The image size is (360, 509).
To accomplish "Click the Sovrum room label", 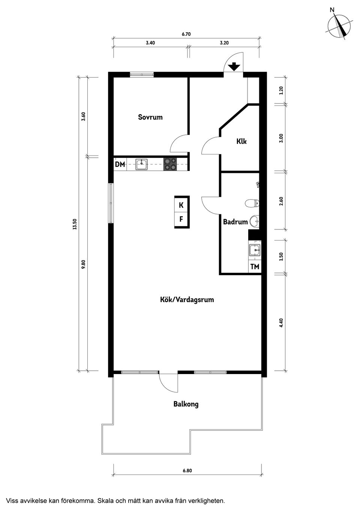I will (150, 117).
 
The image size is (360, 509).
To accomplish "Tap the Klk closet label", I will (241, 141).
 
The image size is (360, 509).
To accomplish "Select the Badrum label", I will (235, 222).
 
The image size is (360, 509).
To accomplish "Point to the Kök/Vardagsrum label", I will (187, 299).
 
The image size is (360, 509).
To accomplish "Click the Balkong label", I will (186, 404).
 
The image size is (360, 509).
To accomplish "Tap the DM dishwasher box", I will (120, 164).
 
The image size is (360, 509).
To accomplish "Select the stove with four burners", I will (170, 164).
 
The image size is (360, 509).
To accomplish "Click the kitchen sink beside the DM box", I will (141, 164).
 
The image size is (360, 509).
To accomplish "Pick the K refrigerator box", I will (181, 205).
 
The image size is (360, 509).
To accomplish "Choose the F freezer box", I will (181, 219).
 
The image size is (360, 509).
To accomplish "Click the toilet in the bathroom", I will (252, 204).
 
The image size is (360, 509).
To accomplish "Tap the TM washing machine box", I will (255, 266).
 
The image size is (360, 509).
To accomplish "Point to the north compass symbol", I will (340, 25).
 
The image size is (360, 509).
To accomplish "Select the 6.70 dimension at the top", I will (186, 34).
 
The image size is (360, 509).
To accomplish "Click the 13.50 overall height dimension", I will (75, 224).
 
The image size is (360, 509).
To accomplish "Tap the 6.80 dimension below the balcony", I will (187, 471).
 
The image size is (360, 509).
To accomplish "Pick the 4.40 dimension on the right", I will (281, 322).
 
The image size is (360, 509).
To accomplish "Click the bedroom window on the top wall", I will (142, 75).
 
